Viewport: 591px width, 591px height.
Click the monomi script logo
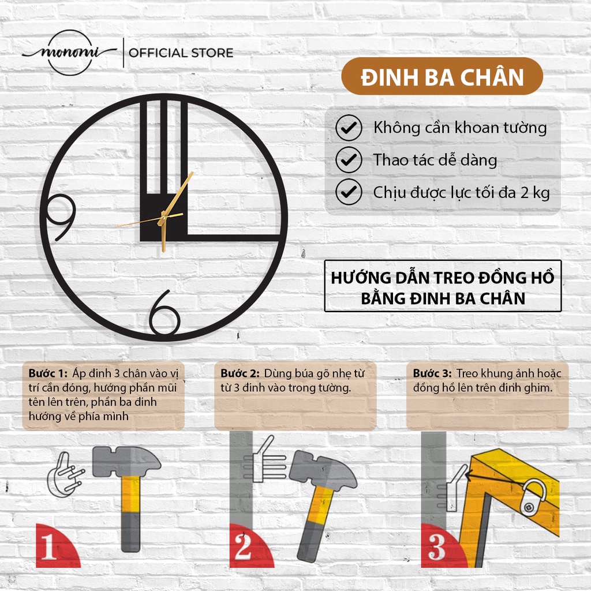pos(70,53)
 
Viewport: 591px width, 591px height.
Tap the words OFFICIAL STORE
pos(181,53)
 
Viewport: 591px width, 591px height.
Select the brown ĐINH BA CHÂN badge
pos(442,76)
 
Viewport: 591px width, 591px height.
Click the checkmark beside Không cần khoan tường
pos(349,128)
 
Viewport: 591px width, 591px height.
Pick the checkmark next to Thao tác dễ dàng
pos(349,160)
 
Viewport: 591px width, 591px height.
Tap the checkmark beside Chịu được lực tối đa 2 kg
pos(349,192)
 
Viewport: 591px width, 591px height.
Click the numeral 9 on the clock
pos(61,217)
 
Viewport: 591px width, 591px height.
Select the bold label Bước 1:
pos(48,373)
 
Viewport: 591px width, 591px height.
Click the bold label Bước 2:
pos(240,373)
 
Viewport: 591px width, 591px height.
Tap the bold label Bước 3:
pos(432,373)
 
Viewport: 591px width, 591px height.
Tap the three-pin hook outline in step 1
pos(65,475)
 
